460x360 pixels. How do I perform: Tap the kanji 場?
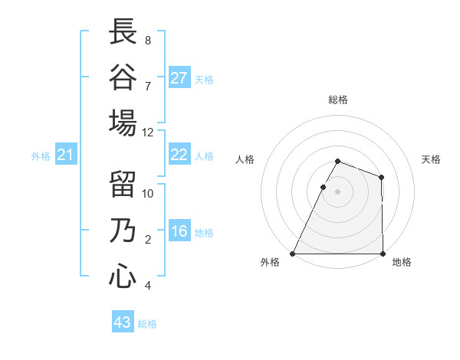[123, 123]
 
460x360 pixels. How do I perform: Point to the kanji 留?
[123, 185]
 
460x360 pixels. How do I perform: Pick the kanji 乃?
[123, 231]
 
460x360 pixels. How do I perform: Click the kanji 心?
[123, 277]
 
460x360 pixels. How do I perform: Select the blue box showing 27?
[179, 78]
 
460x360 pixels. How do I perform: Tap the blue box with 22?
[179, 155]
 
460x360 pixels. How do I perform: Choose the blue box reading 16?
[179, 231]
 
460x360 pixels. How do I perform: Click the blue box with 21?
[66, 155]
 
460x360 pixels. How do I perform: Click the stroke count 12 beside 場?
[148, 132]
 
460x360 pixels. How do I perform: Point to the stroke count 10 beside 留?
[148, 193]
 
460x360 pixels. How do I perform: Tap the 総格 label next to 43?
[147, 324]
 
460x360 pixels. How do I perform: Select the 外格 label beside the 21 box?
[41, 156]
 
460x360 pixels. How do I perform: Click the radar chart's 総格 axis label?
[338, 100]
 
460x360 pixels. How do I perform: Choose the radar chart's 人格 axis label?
[245, 159]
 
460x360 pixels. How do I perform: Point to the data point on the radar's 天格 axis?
[381, 177]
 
